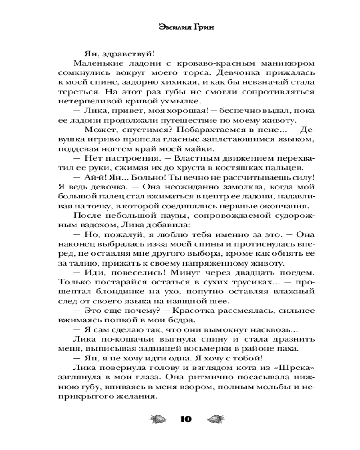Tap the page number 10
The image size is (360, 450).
(185, 419)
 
